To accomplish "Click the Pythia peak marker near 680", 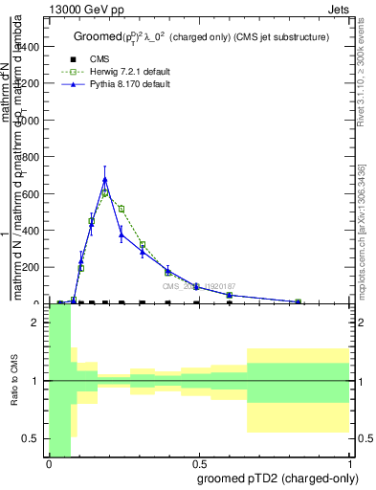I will coord(105,179).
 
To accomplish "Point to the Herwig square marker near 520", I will coord(122,209).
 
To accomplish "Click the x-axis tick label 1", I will coord(350,463).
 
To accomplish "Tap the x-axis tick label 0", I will coord(49,463).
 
